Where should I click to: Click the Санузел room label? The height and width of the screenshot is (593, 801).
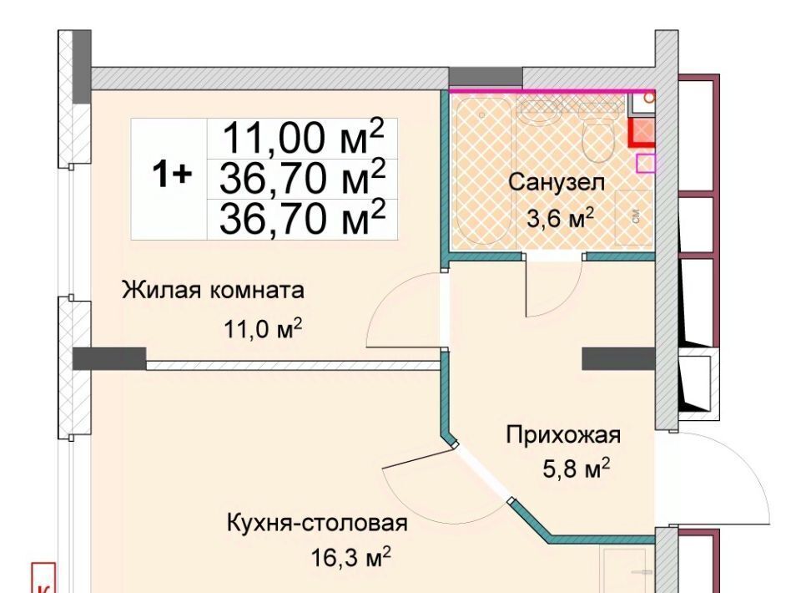557,183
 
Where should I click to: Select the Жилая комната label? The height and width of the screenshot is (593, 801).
213,290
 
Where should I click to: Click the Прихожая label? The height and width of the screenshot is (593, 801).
563,435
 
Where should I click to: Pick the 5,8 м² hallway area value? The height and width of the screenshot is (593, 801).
577,469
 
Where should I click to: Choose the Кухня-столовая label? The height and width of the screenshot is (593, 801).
317,524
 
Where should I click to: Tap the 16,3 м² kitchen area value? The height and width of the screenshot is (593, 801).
351,557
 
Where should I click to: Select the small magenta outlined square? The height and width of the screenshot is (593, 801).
646,164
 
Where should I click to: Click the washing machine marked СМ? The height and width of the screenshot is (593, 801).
634,217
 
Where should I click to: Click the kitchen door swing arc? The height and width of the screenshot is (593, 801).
434,505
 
